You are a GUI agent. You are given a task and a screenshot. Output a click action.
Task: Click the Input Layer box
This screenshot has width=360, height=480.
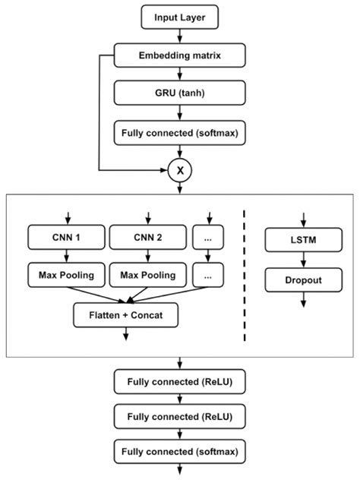click(x=179, y=16)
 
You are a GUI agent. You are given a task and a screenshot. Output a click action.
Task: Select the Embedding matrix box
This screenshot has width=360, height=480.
click(x=179, y=55)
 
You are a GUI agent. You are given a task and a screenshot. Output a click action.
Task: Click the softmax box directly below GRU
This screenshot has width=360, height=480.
click(x=179, y=134)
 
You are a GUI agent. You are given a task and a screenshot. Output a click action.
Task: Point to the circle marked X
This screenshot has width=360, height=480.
click(x=179, y=171)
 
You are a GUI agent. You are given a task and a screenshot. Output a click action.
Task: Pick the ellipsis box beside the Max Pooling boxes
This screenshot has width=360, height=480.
click(x=209, y=274)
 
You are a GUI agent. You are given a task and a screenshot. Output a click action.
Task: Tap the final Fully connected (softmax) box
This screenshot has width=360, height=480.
click(x=179, y=453)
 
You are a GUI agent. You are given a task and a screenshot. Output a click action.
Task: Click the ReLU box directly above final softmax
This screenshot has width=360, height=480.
click(x=179, y=417)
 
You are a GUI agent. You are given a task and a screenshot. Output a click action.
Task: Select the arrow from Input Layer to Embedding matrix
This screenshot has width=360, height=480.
click(x=179, y=36)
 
